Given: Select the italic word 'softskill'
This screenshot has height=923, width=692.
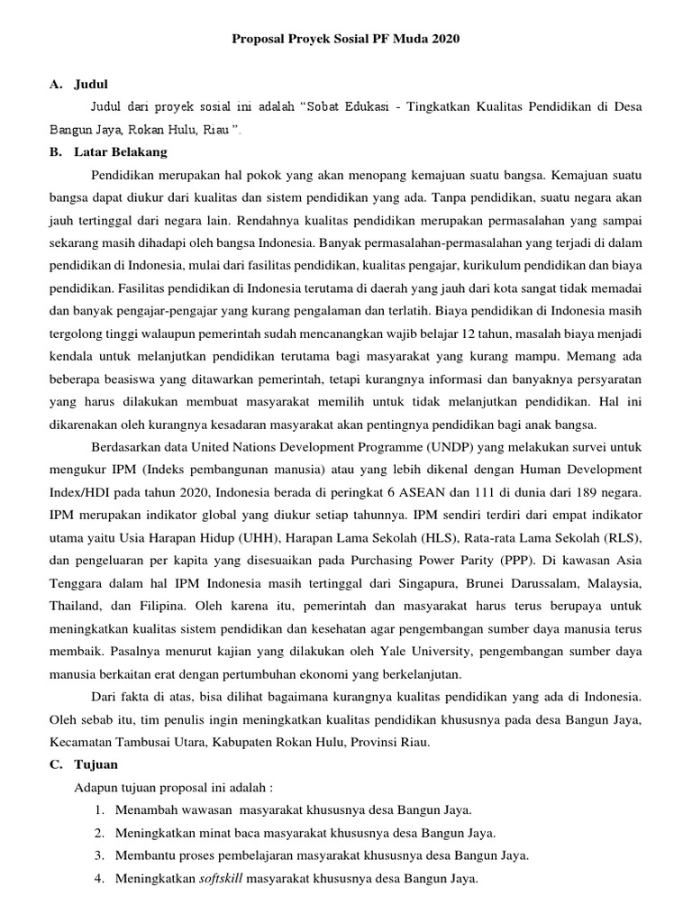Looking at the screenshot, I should (220, 879).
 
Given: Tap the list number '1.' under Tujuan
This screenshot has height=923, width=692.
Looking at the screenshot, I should (97, 809).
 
